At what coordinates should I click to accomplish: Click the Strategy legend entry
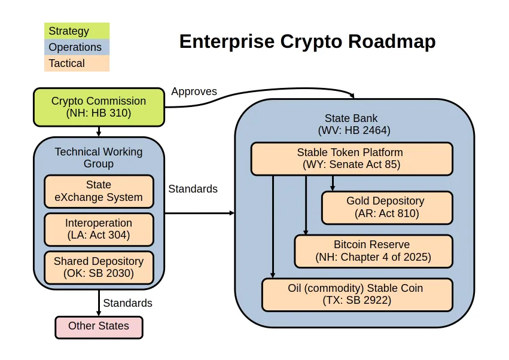pyautogui.click(x=77, y=31)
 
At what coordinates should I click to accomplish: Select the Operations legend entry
pyautogui.click(x=77, y=47)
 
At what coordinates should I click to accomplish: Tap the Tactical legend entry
pyautogui.click(x=77, y=63)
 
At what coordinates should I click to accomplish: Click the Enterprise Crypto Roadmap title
pyautogui.click(x=307, y=41)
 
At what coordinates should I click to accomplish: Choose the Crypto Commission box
pyautogui.click(x=99, y=107)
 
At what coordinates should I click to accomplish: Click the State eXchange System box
pyautogui.click(x=99, y=191)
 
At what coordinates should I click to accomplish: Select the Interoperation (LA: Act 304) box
pyautogui.click(x=99, y=229)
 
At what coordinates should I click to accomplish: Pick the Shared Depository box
pyautogui.click(x=99, y=267)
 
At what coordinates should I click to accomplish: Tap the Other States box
pyautogui.click(x=99, y=327)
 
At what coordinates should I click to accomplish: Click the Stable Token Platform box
pyautogui.click(x=352, y=158)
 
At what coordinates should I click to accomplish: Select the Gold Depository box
pyautogui.click(x=387, y=208)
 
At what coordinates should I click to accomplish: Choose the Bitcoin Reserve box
pyautogui.click(x=373, y=251)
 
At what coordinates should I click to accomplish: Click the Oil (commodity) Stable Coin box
pyautogui.click(x=357, y=294)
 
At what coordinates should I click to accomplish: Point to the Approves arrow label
pyautogui.click(x=194, y=91)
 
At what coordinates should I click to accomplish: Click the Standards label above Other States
pyautogui.click(x=127, y=303)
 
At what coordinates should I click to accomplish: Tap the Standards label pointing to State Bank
pyautogui.click(x=193, y=188)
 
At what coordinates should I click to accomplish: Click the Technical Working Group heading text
pyautogui.click(x=99, y=158)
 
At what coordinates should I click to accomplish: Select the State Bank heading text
pyautogui.click(x=354, y=124)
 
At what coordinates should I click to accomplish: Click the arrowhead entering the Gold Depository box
pyautogui.click(x=333, y=188)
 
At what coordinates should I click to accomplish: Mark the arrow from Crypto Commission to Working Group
pyautogui.click(x=99, y=132)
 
